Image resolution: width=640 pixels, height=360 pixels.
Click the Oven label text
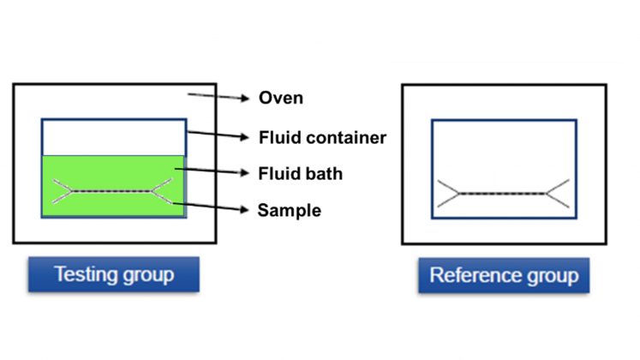(280, 99)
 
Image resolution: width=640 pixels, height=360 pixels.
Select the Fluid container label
(322, 136)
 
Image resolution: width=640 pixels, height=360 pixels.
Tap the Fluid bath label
(300, 174)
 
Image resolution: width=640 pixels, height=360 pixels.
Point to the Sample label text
(289, 210)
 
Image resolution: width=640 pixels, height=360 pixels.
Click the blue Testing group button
(113, 275)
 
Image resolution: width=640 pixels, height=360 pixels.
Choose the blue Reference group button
(504, 276)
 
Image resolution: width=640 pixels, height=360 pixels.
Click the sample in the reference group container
(502, 194)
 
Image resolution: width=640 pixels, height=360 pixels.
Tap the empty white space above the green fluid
(113, 137)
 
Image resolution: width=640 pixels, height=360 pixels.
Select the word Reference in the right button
(475, 276)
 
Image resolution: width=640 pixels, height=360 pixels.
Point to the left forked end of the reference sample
(446, 194)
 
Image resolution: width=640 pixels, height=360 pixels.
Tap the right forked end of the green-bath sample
(162, 191)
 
